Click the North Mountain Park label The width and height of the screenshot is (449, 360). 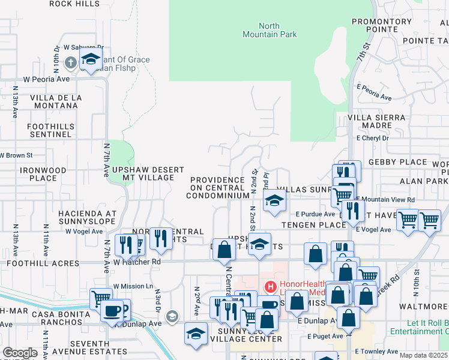pyautogui.click(x=277, y=30)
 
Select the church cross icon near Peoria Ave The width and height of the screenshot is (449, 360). pyautogui.click(x=70, y=62)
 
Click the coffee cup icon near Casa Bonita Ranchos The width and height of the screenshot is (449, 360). pyautogui.click(x=112, y=310)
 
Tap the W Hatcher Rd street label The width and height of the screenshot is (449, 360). pyautogui.click(x=138, y=262)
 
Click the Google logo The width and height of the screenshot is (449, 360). pyautogui.click(x=20, y=353)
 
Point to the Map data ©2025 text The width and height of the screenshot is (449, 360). pyautogui.click(x=424, y=355)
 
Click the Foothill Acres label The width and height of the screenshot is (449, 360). pyautogui.click(x=43, y=263)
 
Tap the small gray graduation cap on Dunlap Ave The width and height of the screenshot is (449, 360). pyautogui.click(x=172, y=316)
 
